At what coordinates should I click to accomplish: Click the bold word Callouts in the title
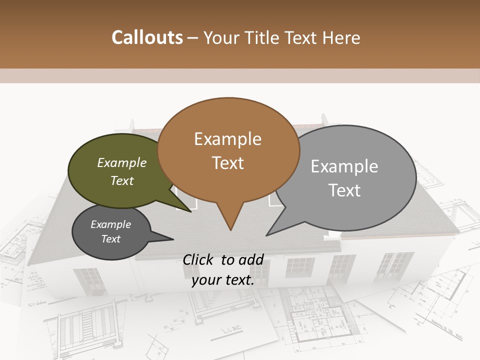[147, 37]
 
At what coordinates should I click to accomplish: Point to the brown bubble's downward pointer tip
[230, 230]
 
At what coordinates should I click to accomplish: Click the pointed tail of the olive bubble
[190, 211]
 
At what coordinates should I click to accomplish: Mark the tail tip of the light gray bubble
[267, 235]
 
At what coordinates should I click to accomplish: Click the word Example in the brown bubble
[227, 139]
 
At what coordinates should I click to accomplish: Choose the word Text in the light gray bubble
[344, 190]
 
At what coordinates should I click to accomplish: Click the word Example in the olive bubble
[122, 163]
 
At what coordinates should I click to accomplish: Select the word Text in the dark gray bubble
[111, 239]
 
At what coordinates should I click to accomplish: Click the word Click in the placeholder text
[199, 259]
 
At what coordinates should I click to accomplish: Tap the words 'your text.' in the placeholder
[223, 280]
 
